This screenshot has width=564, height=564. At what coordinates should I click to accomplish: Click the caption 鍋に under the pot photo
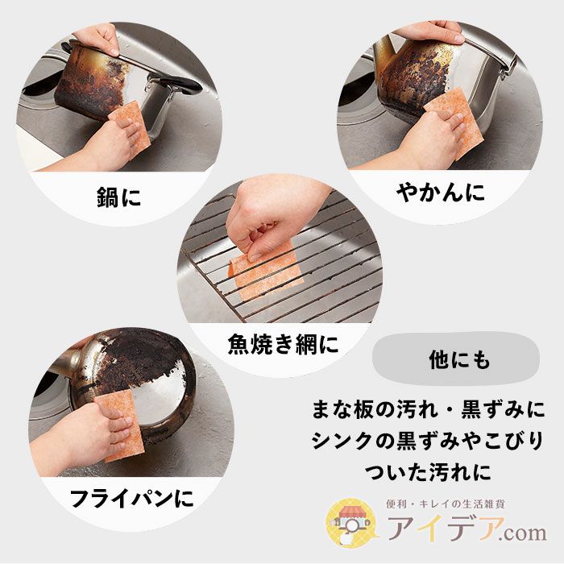click(x=118, y=197)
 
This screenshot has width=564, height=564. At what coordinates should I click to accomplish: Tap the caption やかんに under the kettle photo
click(x=440, y=193)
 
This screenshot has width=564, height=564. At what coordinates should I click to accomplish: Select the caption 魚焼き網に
click(x=283, y=344)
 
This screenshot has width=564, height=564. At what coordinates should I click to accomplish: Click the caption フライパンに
click(x=131, y=498)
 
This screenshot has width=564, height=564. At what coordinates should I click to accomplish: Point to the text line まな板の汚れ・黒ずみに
click(x=428, y=409)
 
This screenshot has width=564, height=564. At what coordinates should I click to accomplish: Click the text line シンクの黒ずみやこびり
click(x=428, y=440)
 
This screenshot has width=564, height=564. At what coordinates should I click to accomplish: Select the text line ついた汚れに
click(x=428, y=471)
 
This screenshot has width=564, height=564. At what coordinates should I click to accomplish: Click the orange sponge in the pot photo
click(x=131, y=124)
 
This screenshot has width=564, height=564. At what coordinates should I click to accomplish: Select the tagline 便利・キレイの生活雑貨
click(x=446, y=504)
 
